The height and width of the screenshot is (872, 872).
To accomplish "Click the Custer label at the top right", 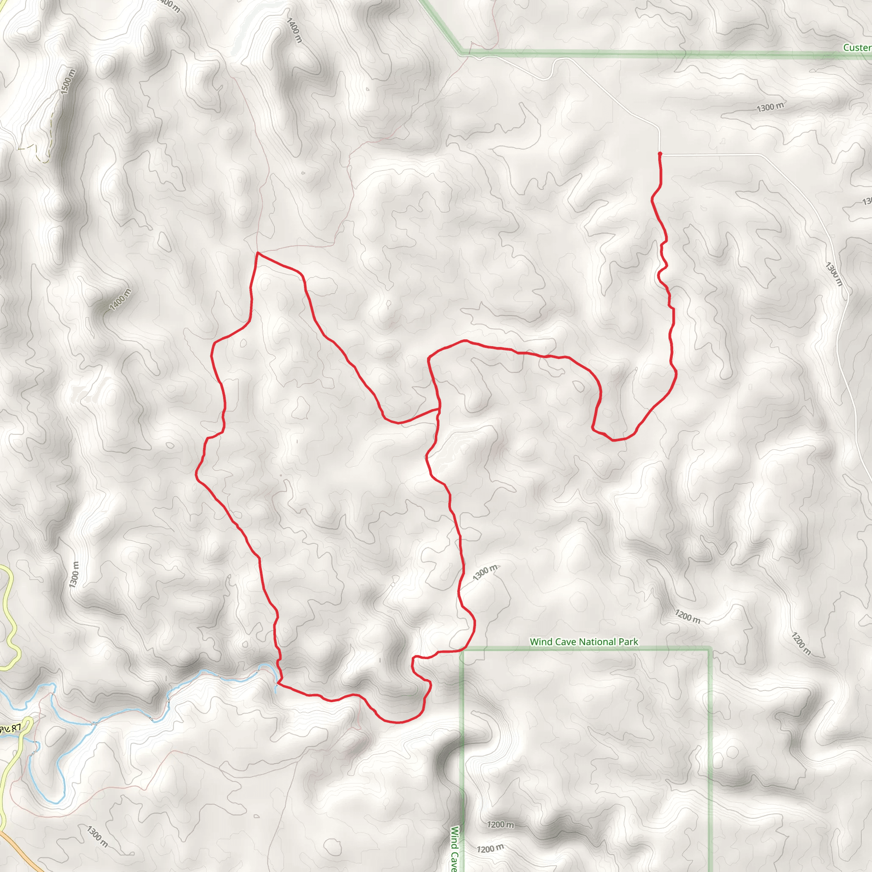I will click(x=857, y=47).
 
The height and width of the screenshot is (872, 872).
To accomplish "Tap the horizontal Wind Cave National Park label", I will click(x=584, y=642).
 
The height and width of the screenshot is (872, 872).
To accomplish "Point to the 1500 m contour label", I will click(x=68, y=81).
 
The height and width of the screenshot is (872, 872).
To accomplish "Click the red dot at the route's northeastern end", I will click(x=660, y=154).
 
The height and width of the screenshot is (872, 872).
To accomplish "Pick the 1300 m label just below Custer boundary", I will click(x=770, y=107).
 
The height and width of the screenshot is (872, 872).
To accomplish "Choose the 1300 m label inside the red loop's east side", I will click(x=485, y=573).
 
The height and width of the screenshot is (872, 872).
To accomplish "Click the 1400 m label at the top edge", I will click(x=294, y=30).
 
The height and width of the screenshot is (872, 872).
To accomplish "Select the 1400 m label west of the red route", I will click(x=120, y=299).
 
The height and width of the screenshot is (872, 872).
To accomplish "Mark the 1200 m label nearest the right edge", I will click(x=801, y=643).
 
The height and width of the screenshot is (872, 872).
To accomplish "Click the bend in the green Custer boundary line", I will click(x=461, y=52).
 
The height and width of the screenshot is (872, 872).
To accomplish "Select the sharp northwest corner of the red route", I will click(x=257, y=253).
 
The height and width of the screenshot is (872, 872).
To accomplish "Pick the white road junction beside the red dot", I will click(x=662, y=155).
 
